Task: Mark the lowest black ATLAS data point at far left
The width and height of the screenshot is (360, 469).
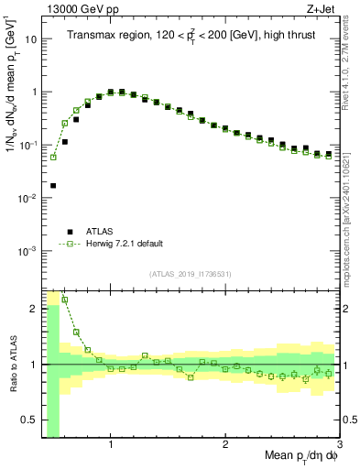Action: (53, 185)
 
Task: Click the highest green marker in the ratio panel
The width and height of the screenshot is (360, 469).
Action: (65, 300)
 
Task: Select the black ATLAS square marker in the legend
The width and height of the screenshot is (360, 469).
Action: (69, 232)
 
